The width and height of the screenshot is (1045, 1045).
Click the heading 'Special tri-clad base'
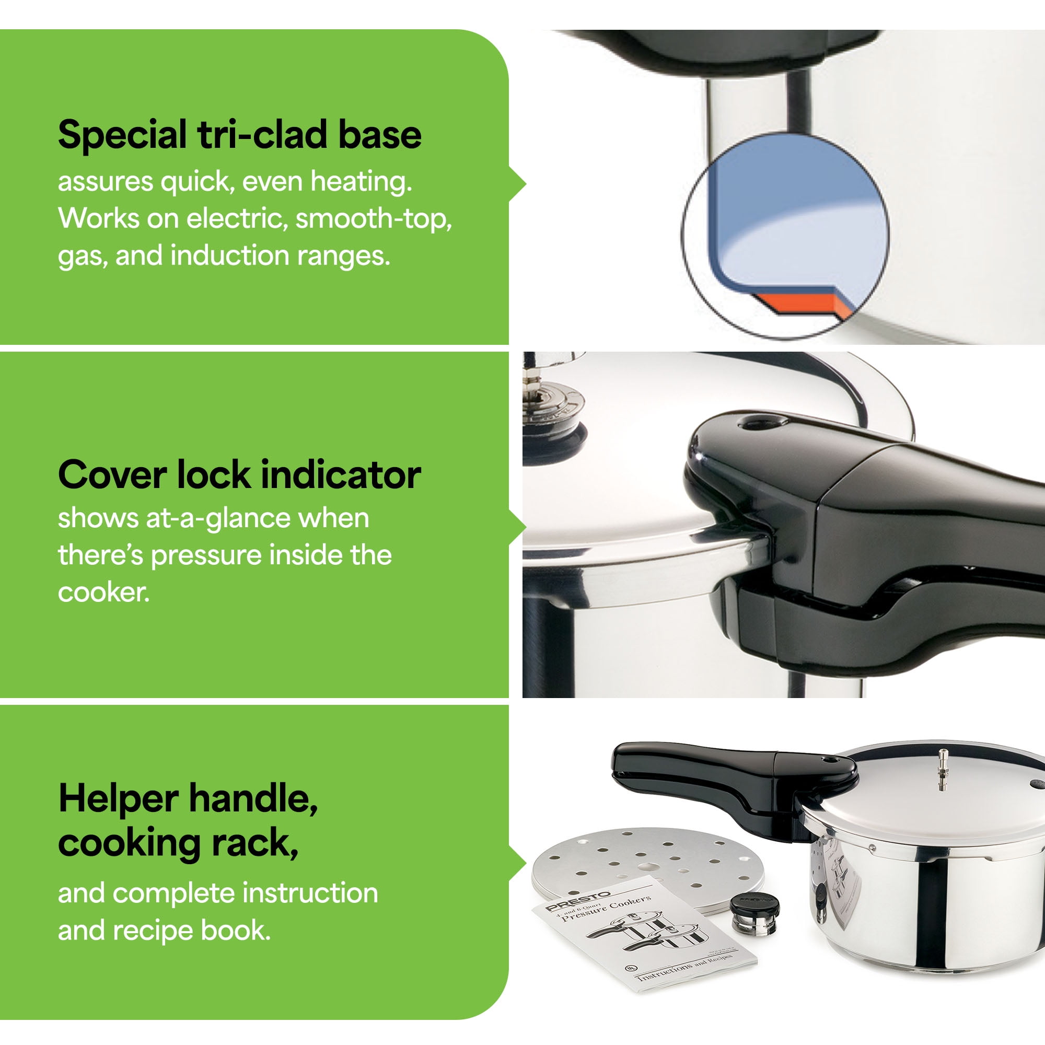[x=240, y=135]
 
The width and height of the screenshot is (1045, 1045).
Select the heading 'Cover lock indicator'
[x=240, y=475]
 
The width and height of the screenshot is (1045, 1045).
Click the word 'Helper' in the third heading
[x=118, y=798]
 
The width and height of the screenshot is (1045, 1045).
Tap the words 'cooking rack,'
[x=179, y=843]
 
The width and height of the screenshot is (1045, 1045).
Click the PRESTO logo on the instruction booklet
[x=578, y=901]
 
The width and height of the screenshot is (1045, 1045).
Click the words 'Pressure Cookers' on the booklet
[x=606, y=908]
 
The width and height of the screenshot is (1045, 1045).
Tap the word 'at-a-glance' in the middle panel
[x=218, y=518]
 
